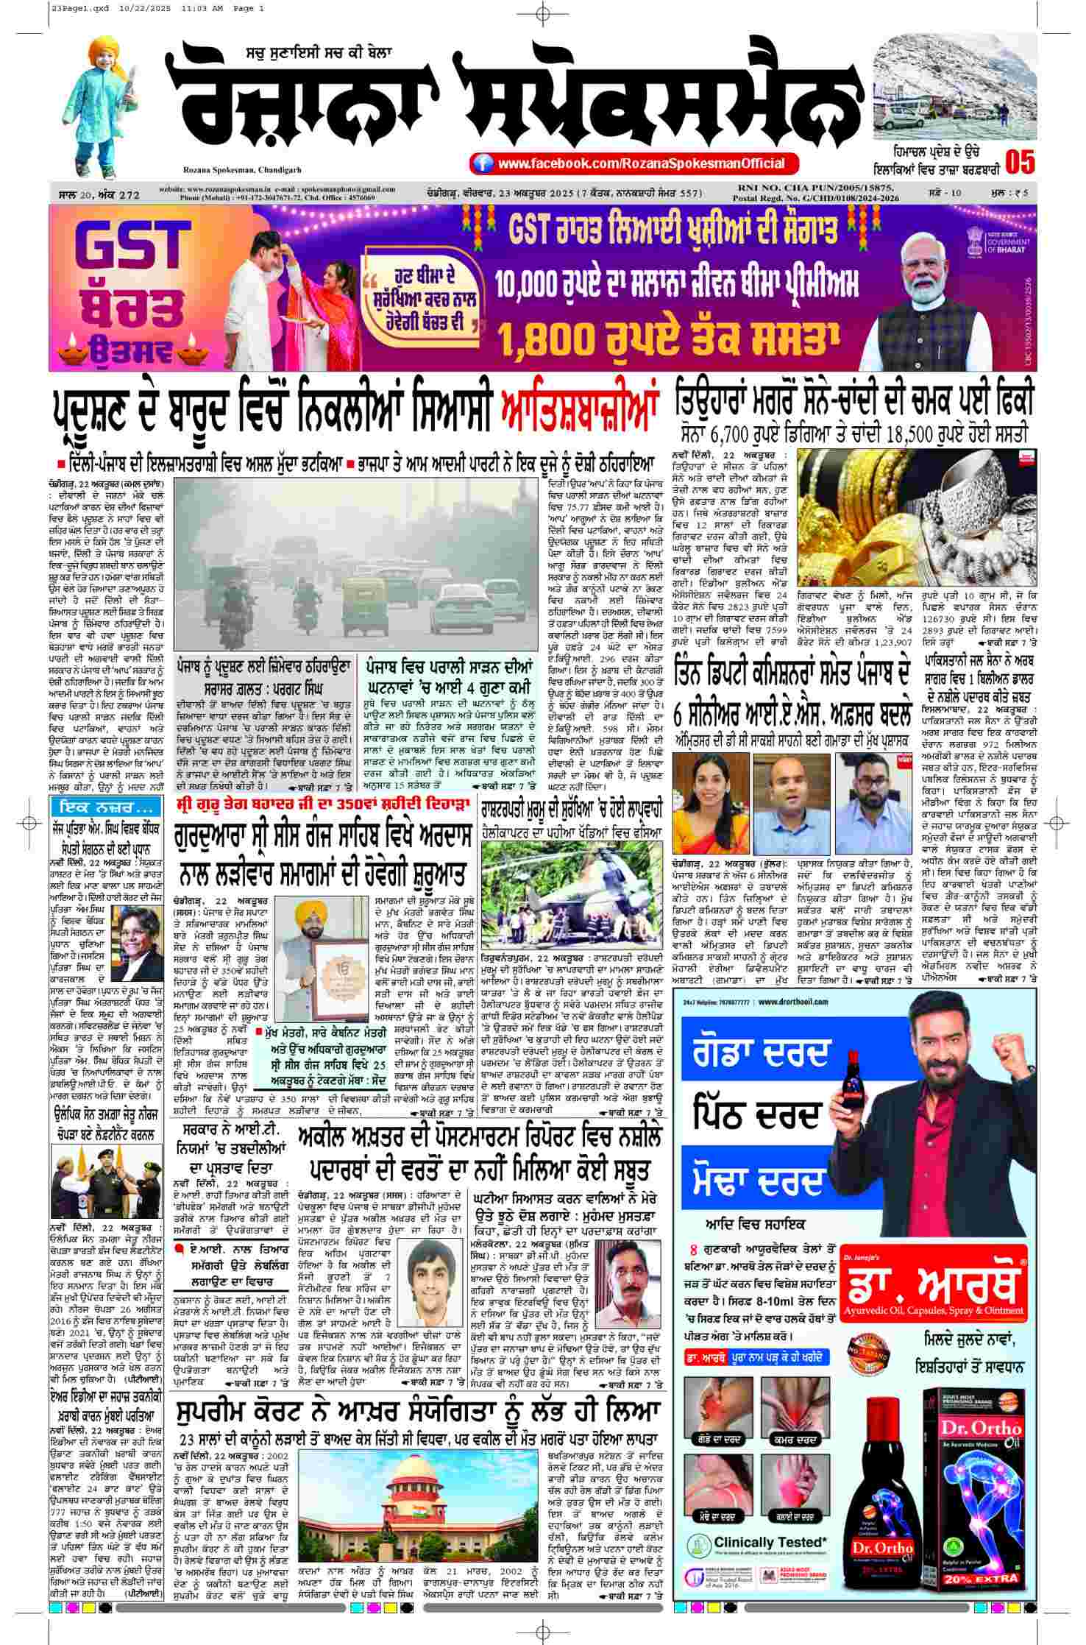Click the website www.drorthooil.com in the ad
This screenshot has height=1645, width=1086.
[x=798, y=1002]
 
